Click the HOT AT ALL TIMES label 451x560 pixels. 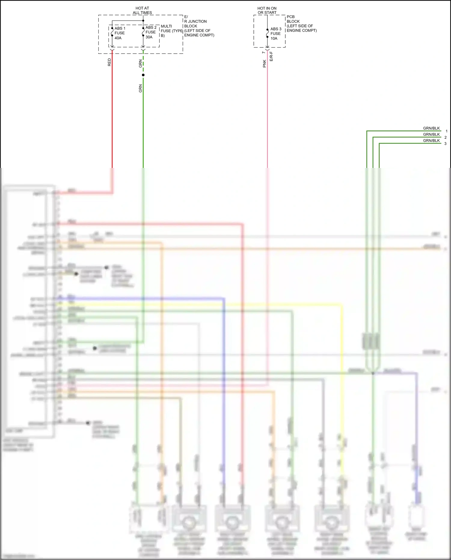click(x=142, y=11)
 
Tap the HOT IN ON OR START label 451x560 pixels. click(x=267, y=11)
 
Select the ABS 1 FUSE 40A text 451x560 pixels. click(x=120, y=33)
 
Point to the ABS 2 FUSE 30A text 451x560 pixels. click(x=151, y=32)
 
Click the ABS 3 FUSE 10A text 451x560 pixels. click(x=276, y=33)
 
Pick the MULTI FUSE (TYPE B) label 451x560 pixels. click(x=171, y=31)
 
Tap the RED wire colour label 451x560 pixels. click(x=109, y=62)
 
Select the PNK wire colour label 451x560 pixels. click(x=265, y=63)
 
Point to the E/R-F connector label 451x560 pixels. click(x=271, y=57)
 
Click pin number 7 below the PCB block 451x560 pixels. click(x=264, y=53)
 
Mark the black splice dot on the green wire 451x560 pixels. click(x=143, y=75)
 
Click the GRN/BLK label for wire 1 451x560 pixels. click(x=431, y=128)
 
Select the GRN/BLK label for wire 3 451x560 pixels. click(x=431, y=141)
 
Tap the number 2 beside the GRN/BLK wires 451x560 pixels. click(x=445, y=138)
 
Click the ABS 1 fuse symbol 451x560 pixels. click(x=112, y=32)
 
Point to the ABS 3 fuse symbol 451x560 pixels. click(x=267, y=33)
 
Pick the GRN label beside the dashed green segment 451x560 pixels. click(x=140, y=63)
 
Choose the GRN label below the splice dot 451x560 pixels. click(x=140, y=88)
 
